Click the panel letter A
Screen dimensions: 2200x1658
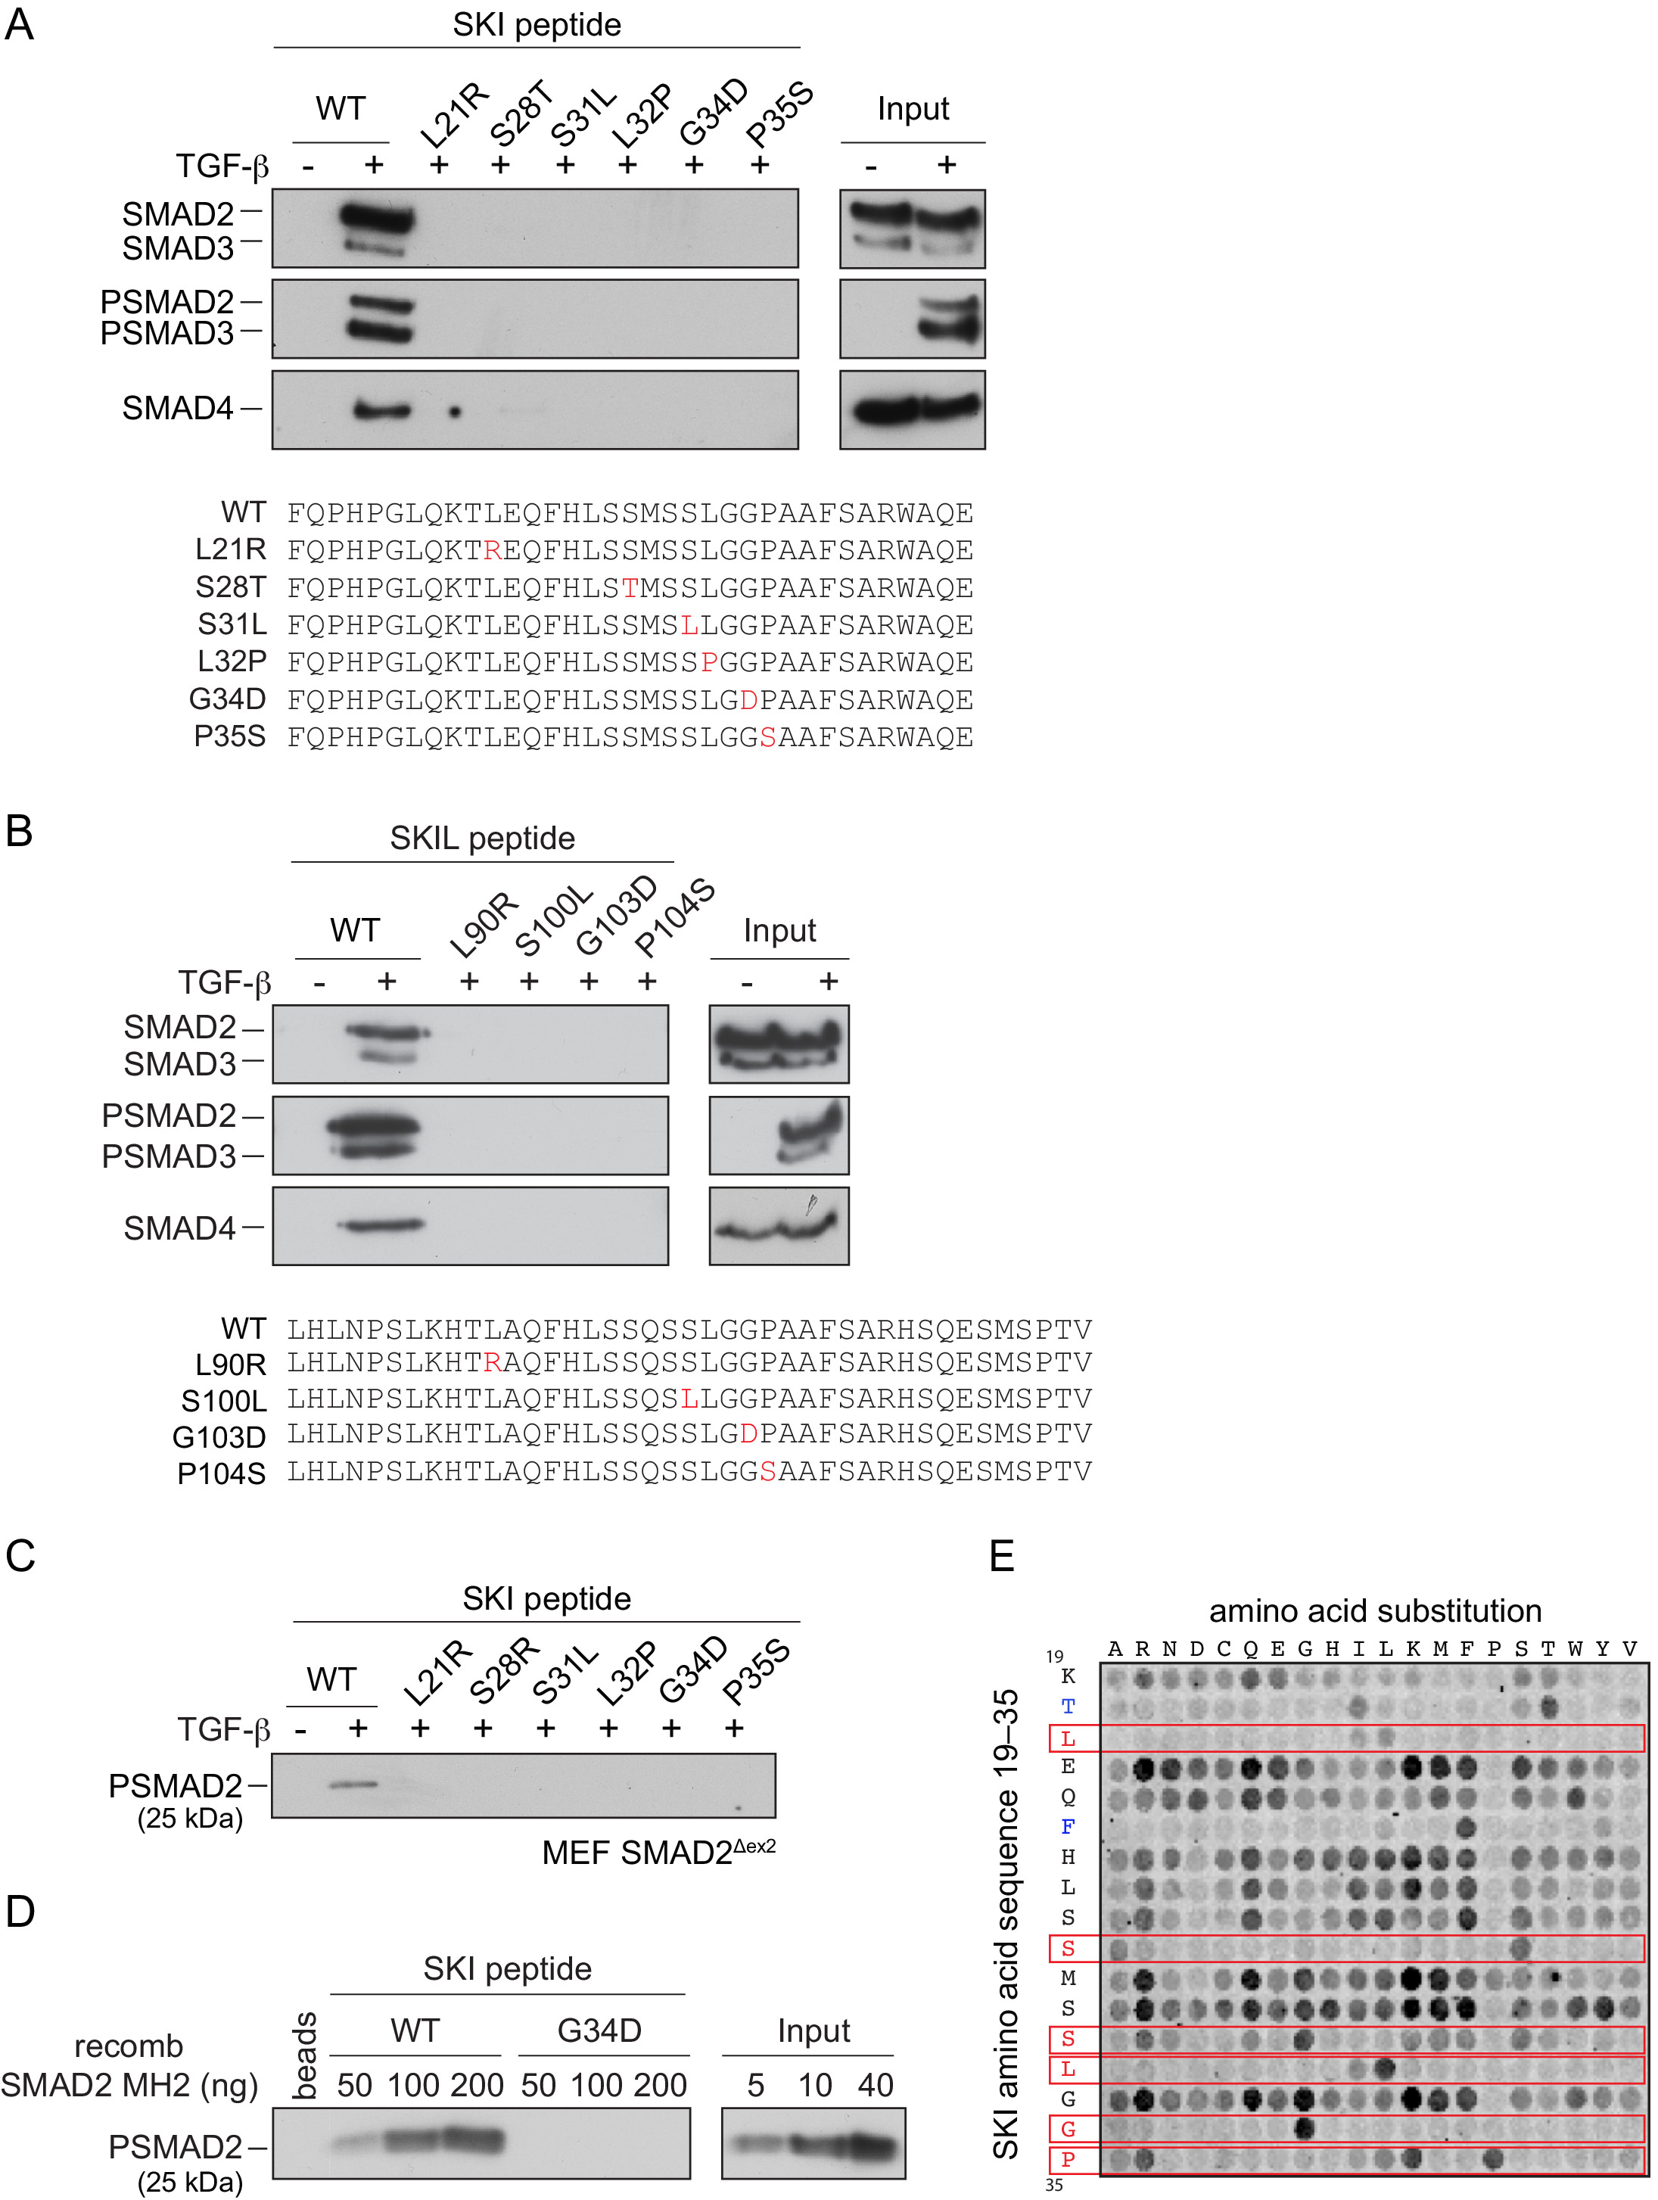click(x=19, y=24)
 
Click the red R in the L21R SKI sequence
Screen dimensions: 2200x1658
click(x=493, y=550)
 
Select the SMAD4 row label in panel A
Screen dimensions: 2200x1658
click(x=177, y=408)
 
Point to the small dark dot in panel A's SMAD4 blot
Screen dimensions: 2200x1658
click(x=455, y=411)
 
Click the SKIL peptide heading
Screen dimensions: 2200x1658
click(x=481, y=839)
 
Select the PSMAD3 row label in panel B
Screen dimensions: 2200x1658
click(x=168, y=1156)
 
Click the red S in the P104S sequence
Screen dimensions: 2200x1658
click(x=768, y=1472)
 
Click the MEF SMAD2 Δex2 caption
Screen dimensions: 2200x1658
click(x=658, y=1853)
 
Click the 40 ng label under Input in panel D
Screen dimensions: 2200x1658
click(x=876, y=2085)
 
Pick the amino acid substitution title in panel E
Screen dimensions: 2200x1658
click(x=1374, y=1610)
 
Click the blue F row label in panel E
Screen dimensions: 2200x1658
click(x=1067, y=1827)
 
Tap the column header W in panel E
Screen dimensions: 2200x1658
click(x=1575, y=1650)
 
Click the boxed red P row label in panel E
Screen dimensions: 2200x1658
click(x=1067, y=2160)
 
